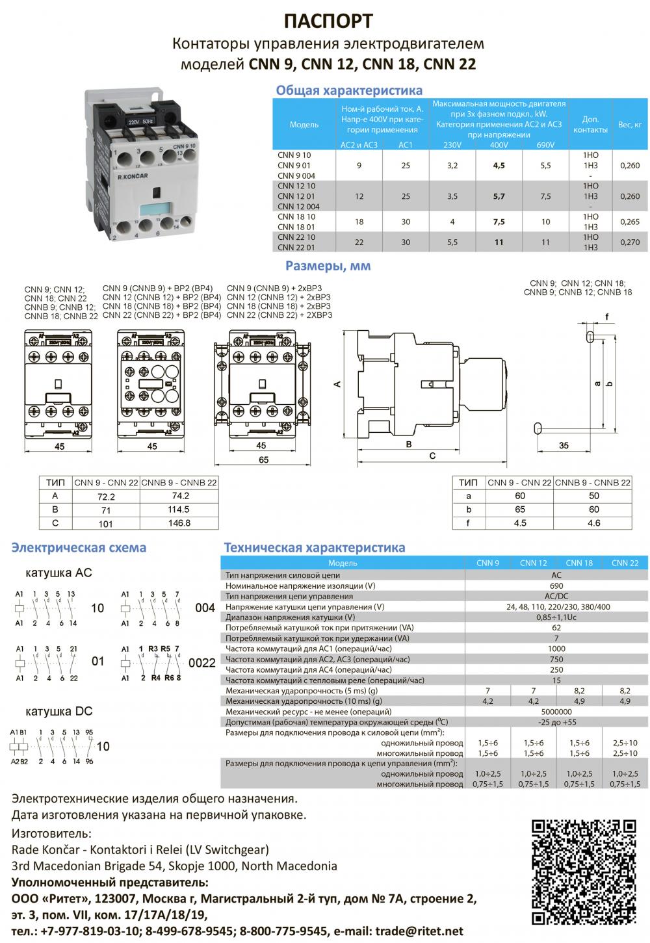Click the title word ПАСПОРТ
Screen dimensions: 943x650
[x=328, y=21]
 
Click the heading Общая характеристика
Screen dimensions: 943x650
[x=349, y=90]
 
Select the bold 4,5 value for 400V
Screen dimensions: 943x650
[x=499, y=166]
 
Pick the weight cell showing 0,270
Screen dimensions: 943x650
[x=629, y=242]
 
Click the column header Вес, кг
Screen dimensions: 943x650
[x=629, y=124]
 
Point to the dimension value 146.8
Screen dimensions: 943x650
[x=179, y=523]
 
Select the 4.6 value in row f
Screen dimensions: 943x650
[x=593, y=523]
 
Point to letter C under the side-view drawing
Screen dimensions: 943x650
[x=432, y=456]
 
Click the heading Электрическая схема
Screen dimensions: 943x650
[x=79, y=547]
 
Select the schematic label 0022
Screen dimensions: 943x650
[x=201, y=664]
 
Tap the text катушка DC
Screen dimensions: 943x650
[x=58, y=712]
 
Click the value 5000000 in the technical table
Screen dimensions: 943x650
[x=556, y=712]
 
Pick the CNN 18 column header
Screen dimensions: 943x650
[x=578, y=563]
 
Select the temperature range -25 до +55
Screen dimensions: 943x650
[x=556, y=722]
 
